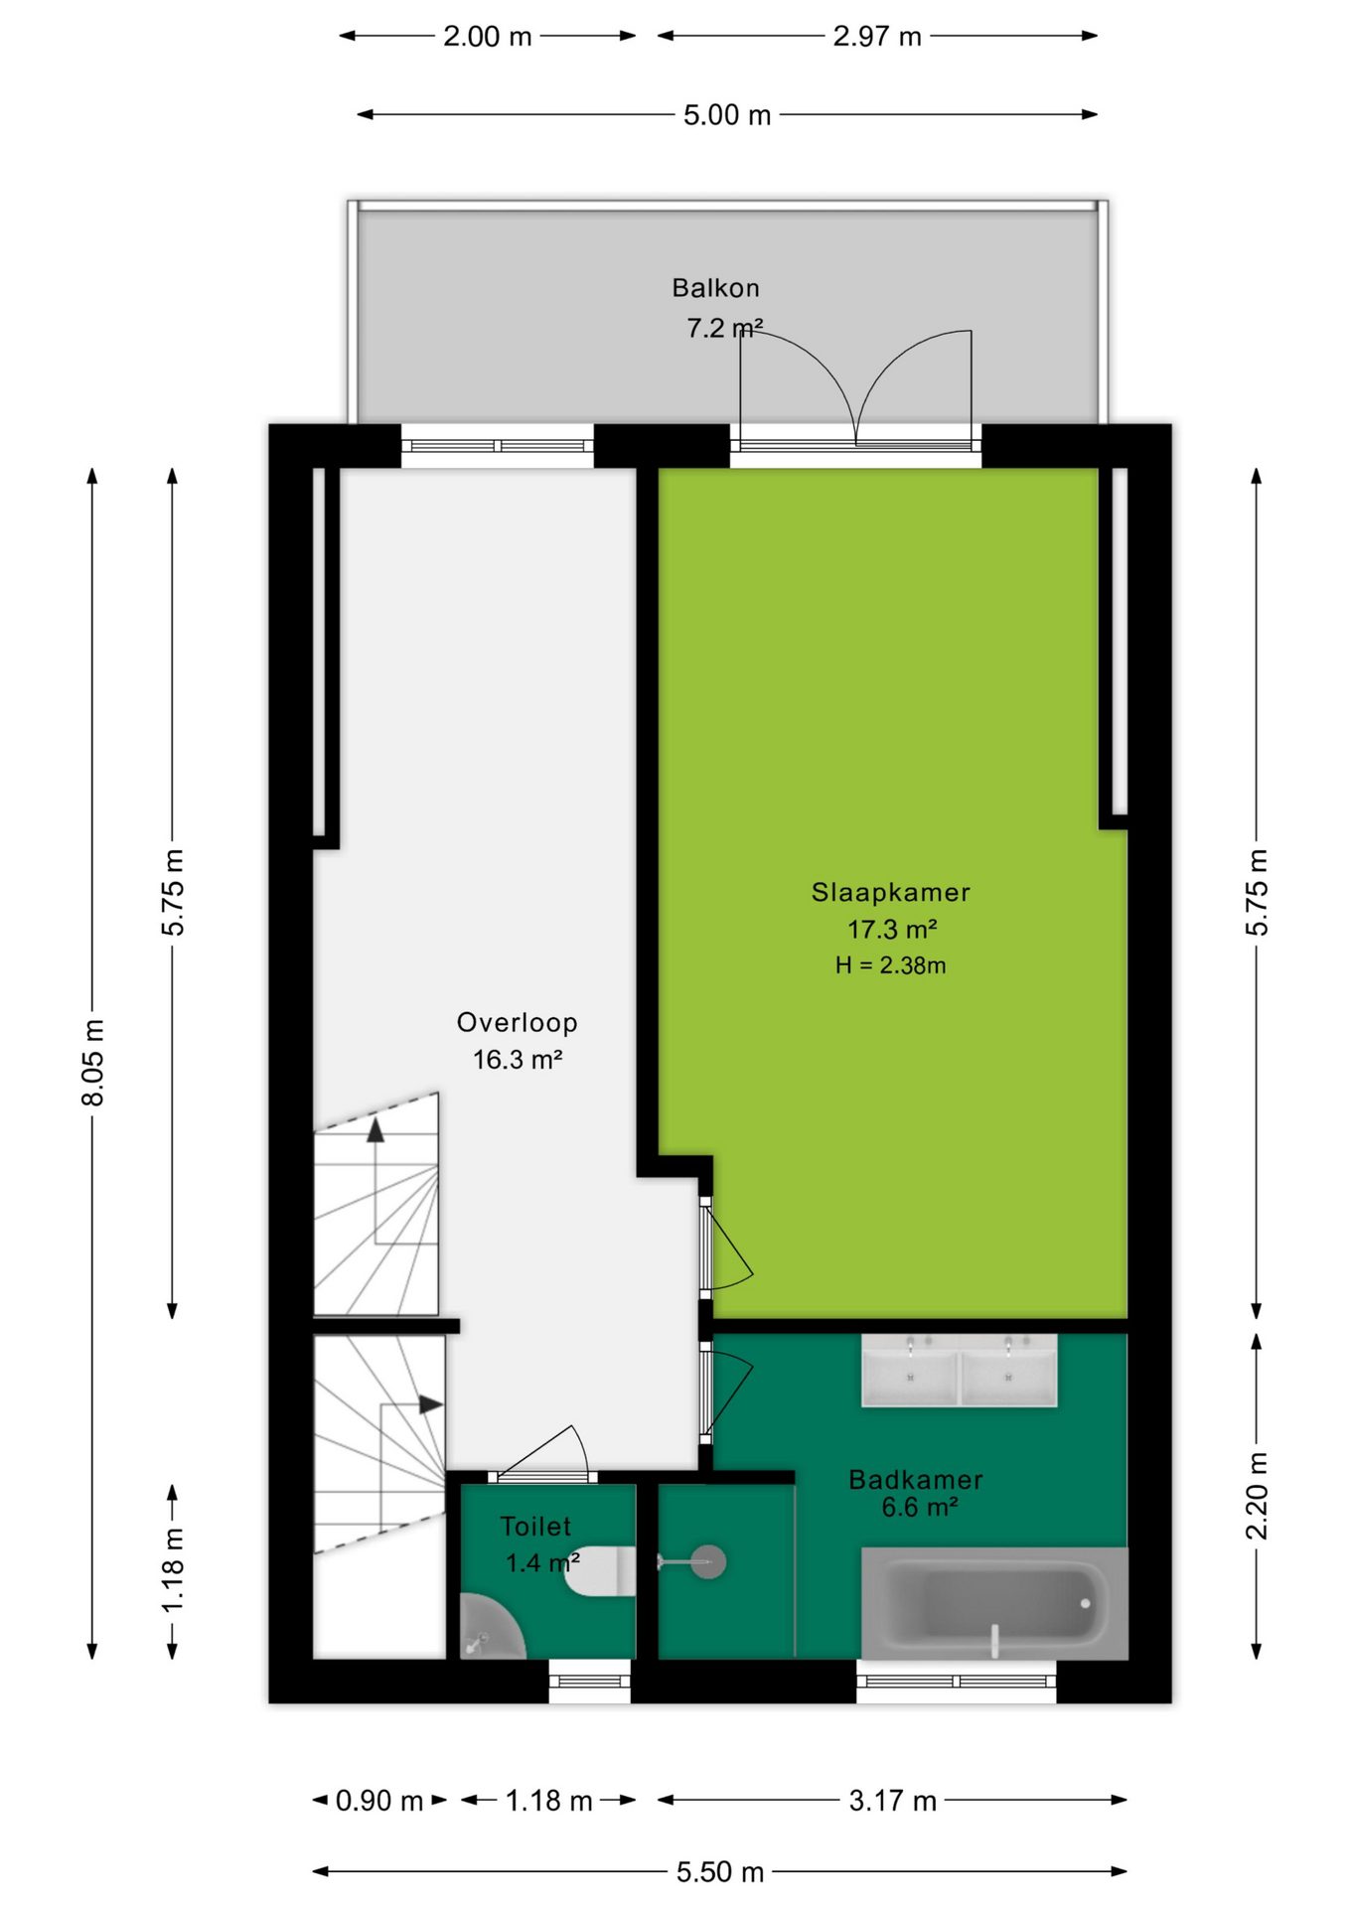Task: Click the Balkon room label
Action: tap(715, 288)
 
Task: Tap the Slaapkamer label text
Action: tap(890, 892)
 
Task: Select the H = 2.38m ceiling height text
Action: tap(890, 964)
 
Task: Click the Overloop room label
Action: tap(517, 1022)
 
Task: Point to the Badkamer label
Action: tap(915, 1479)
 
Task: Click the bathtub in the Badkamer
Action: tap(994, 1602)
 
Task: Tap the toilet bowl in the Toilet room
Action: tap(600, 1570)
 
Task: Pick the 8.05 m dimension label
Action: tap(92, 1062)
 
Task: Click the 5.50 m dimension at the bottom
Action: tap(720, 1872)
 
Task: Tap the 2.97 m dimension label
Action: tap(877, 37)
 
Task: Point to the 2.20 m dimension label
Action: tap(1257, 1496)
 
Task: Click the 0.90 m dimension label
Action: tap(379, 1801)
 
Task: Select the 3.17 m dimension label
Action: tap(893, 1801)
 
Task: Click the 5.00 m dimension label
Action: tap(727, 115)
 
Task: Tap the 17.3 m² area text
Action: tap(892, 929)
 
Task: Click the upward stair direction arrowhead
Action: tap(375, 1130)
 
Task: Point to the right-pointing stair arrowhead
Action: tap(431, 1404)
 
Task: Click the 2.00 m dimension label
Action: tap(488, 37)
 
